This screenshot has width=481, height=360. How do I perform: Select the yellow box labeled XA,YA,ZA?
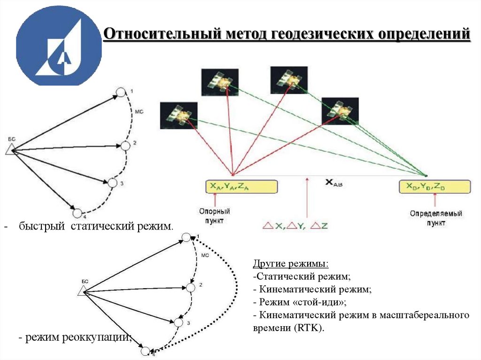click(232, 186)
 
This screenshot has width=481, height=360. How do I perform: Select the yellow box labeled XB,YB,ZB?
click(434, 186)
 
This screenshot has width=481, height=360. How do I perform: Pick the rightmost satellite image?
click(340, 111)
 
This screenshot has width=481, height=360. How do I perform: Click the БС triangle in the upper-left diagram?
click(10, 149)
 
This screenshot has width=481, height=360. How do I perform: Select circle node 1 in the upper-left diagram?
click(121, 92)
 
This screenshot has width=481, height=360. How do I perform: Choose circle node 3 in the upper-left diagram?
click(112, 183)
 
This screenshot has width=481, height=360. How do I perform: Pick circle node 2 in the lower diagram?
click(191, 287)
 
